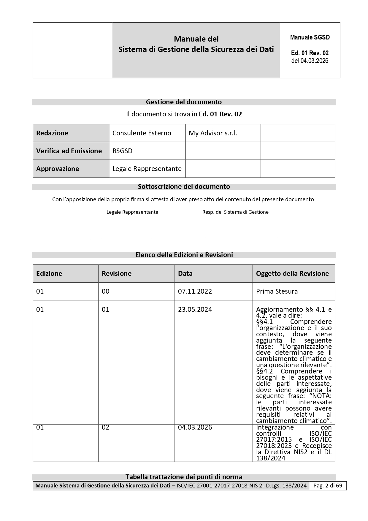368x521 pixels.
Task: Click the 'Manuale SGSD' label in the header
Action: tap(310, 37)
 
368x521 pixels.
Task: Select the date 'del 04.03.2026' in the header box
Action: tap(310, 61)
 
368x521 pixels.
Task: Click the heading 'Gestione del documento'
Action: tap(184, 102)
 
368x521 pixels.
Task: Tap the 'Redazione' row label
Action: tap(52, 133)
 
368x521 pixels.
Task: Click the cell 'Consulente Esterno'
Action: tap(142, 133)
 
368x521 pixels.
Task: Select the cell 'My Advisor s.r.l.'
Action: tap(213, 133)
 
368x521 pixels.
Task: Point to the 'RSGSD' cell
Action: tap(122, 151)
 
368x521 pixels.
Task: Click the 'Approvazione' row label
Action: tap(58, 169)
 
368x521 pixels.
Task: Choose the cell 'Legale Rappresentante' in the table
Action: tap(147, 169)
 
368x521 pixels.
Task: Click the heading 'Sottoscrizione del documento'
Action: tap(184, 187)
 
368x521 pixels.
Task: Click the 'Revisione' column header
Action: tap(117, 273)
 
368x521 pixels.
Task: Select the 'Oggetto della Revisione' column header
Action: tap(292, 273)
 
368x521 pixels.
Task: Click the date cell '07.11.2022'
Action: tap(195, 291)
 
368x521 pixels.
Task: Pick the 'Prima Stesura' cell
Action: tap(277, 291)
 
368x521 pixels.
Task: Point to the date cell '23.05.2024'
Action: tap(195, 309)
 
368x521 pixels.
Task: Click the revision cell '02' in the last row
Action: tap(106, 427)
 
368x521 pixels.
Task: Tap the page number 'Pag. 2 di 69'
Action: tap(328, 486)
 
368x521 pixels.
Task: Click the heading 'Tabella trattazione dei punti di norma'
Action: tap(184, 477)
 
